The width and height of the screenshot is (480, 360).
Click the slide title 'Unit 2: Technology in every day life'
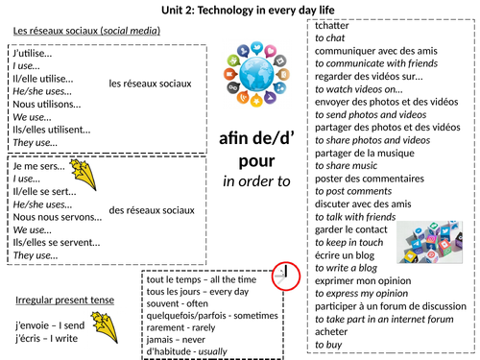coord(240,10)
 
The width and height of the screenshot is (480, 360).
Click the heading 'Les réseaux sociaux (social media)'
coord(87,32)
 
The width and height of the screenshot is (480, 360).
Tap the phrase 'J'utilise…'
coord(35,59)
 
